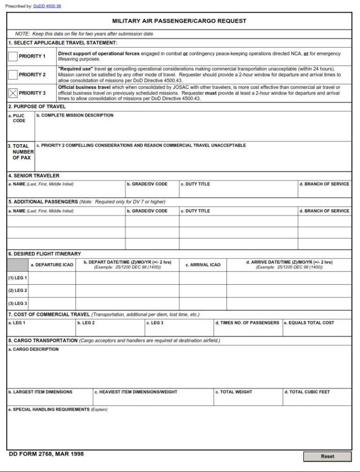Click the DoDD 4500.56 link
click(47, 6)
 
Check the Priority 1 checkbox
click(13, 57)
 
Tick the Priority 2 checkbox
click(13, 75)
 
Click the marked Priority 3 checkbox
click(13, 93)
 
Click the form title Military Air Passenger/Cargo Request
click(179, 21)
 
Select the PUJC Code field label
click(19, 118)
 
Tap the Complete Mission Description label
click(75, 115)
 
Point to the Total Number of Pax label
click(21, 152)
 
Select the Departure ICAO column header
click(52, 265)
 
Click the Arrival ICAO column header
click(202, 265)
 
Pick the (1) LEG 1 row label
click(17, 278)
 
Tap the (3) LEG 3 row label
click(17, 303)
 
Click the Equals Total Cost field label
click(309, 323)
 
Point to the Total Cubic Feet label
click(307, 392)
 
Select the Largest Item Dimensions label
click(40, 392)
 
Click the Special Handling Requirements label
click(58, 409)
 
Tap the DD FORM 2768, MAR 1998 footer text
click(46, 454)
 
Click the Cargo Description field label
click(33, 349)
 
